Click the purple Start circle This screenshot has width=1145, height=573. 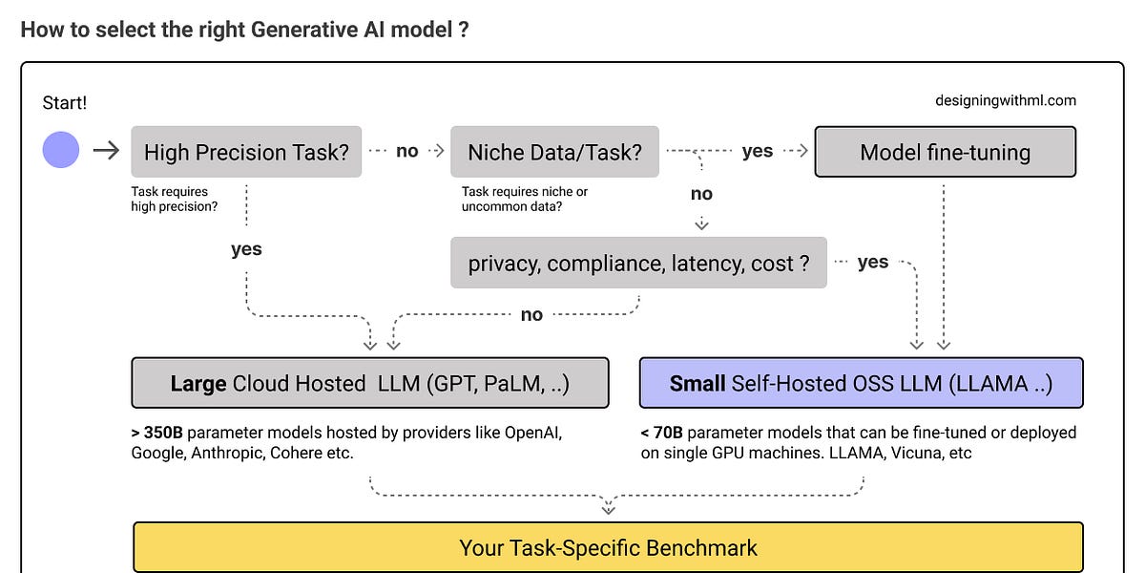[x=61, y=151]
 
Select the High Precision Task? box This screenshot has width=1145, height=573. [x=246, y=152]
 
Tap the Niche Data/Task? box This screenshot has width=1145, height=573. [x=554, y=152]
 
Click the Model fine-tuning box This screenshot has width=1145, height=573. [x=945, y=152]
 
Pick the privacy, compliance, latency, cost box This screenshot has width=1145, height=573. [x=638, y=263]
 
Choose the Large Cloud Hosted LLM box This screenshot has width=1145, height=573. [x=369, y=383]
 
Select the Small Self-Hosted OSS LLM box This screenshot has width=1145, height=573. [x=861, y=383]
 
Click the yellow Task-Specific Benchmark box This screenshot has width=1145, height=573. [x=608, y=547]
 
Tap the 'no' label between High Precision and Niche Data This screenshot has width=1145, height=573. [x=406, y=151]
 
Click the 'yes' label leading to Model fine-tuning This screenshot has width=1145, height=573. [x=758, y=151]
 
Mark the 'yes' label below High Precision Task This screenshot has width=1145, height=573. [x=246, y=249]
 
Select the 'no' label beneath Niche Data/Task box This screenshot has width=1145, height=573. [x=701, y=194]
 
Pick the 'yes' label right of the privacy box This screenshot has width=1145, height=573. [x=872, y=262]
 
